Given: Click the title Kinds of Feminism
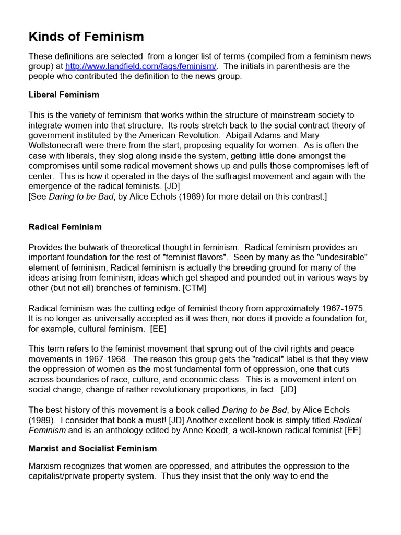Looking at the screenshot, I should click(86, 37).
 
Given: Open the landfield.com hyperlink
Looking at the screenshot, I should click(140, 66).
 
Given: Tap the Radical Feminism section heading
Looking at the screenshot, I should click(65, 227).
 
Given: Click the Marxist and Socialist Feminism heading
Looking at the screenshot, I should click(92, 449).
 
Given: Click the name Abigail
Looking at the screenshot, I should click(242, 136).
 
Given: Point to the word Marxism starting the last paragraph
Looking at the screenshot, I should click(46, 466).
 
